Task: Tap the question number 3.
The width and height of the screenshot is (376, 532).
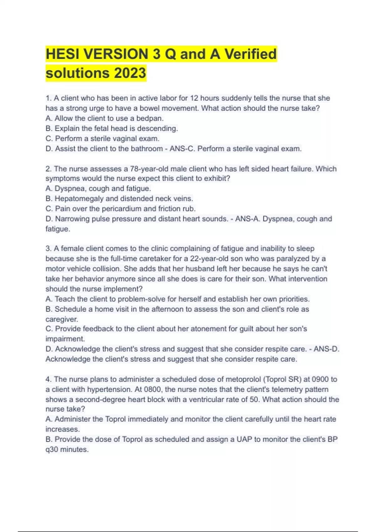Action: (x=48, y=249)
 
